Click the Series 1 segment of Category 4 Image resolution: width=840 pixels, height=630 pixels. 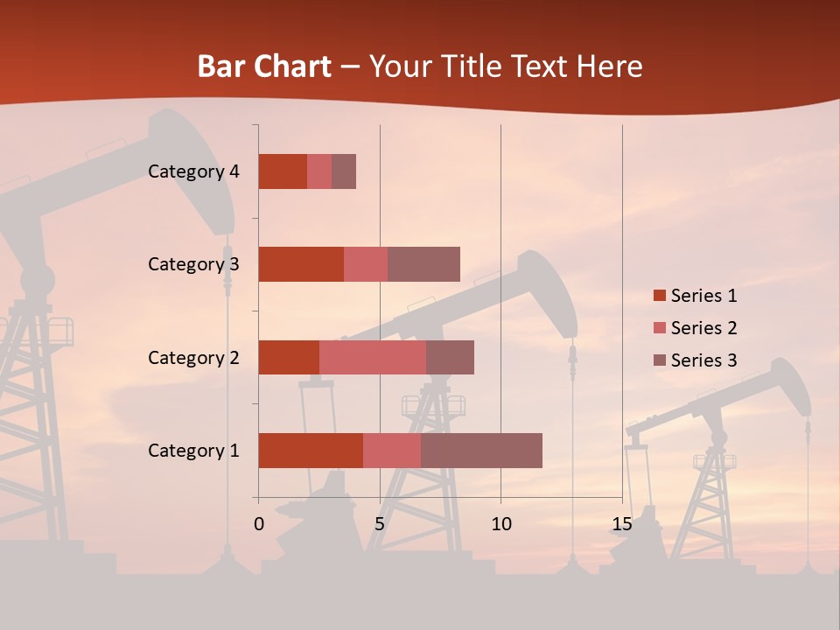coord(283,171)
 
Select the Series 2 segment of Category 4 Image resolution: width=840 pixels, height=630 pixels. coord(319,171)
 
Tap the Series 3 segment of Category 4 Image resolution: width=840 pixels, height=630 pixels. coord(344,171)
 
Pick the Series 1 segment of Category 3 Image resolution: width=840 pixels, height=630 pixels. coord(301,264)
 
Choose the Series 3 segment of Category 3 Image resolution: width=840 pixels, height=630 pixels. coord(423,264)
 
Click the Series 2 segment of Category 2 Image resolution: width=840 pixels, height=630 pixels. coord(373,357)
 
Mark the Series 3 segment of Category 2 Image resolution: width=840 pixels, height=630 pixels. coord(450,357)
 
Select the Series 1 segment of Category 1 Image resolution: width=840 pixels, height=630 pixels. coord(311,451)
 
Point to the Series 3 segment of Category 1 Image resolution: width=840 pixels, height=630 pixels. coord(481,451)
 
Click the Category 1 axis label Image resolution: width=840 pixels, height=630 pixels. coord(193,451)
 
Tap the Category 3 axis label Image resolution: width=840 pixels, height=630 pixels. coord(193,264)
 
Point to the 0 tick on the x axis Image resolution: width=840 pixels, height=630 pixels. coord(259,524)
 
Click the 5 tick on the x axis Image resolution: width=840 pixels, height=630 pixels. coord(380,524)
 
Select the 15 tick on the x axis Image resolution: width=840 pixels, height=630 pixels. coord(622,524)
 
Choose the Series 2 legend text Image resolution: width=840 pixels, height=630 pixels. coord(703,328)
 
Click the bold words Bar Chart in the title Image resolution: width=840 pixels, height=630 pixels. coord(264,66)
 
